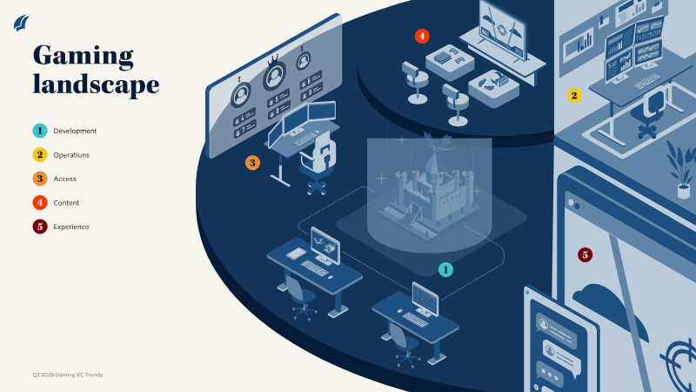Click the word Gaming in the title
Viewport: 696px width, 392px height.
tap(83, 56)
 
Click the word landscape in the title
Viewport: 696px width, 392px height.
tap(96, 84)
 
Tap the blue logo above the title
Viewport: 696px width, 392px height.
tap(21, 24)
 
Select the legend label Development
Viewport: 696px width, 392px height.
tap(75, 131)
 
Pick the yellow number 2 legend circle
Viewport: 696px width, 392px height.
tap(40, 155)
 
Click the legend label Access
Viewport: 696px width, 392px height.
tap(64, 179)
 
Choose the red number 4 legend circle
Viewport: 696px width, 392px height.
tap(40, 203)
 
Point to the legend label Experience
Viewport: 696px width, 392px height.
tap(71, 226)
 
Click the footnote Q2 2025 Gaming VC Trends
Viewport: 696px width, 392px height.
tap(68, 375)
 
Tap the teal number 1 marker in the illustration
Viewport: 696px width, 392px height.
tap(445, 269)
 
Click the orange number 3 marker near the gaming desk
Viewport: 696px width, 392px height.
tap(252, 163)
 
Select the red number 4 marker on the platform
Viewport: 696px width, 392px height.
tap(422, 36)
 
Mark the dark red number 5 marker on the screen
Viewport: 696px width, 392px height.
tap(585, 254)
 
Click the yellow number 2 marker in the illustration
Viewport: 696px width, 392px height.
tap(574, 95)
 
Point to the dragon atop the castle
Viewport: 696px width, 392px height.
tap(438, 140)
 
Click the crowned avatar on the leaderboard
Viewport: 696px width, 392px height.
tap(274, 75)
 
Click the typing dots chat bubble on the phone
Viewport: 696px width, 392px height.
tap(550, 374)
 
